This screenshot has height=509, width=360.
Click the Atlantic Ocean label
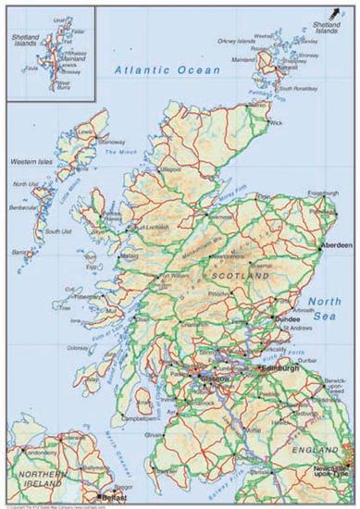pos(168,70)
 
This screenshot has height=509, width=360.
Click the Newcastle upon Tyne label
pos(333,470)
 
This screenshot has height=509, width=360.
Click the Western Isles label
pos(30,162)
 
